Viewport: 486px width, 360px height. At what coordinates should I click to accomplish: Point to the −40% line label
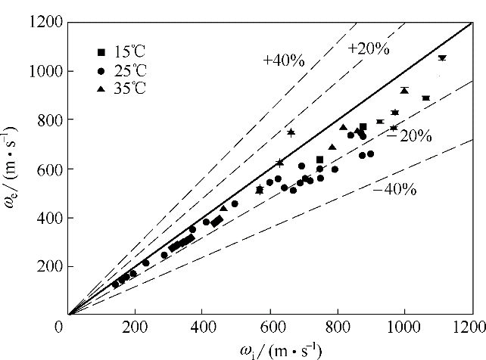click(x=394, y=189)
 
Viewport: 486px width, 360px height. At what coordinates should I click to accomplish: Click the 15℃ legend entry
click(x=121, y=52)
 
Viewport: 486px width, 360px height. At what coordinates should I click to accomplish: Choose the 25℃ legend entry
click(x=121, y=70)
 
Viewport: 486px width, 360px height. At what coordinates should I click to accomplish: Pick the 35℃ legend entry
click(x=121, y=88)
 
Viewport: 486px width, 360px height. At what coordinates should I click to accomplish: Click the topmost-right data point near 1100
click(x=442, y=57)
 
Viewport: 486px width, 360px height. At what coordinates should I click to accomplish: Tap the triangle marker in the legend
click(x=101, y=88)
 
